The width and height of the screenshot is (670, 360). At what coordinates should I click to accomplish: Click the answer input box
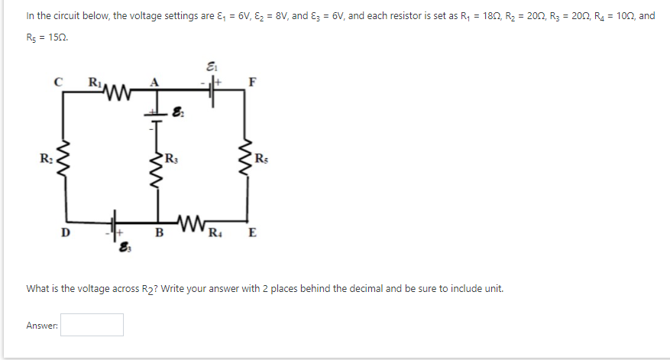click(x=92, y=325)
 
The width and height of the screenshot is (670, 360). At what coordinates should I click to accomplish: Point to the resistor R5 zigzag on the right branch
click(x=246, y=161)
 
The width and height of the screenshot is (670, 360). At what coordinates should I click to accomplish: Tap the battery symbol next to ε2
click(x=158, y=116)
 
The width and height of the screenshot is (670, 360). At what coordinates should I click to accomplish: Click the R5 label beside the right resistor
click(x=261, y=159)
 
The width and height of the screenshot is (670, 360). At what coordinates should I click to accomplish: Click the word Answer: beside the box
click(x=42, y=326)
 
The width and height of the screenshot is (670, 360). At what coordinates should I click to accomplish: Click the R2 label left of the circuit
click(x=47, y=159)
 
